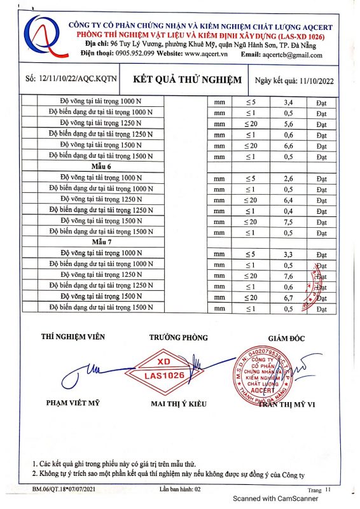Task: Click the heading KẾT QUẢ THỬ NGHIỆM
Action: click(x=188, y=80)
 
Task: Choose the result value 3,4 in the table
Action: click(x=287, y=102)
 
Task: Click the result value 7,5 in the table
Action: click(x=287, y=221)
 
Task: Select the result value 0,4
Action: click(x=287, y=210)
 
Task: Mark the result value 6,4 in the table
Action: click(x=287, y=199)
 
